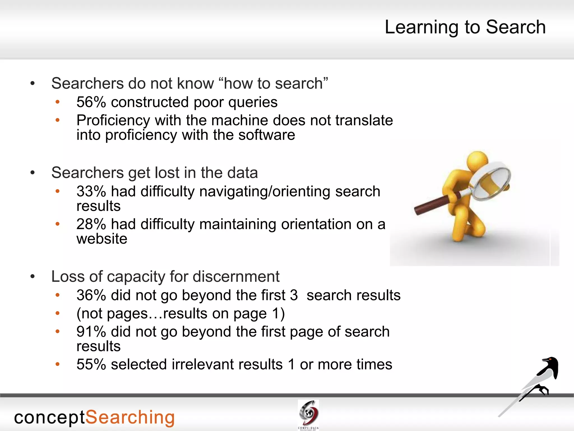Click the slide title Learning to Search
click(x=465, y=27)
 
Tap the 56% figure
click(x=91, y=102)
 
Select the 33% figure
click(x=91, y=191)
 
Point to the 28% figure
click(x=91, y=224)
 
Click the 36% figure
click(x=91, y=295)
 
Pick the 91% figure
click(x=91, y=332)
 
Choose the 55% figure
click(x=91, y=364)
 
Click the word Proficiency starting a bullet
click(x=113, y=121)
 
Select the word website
click(x=102, y=239)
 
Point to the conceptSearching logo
click(x=94, y=418)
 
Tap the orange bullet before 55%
click(x=57, y=364)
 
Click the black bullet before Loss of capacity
click(x=33, y=277)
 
